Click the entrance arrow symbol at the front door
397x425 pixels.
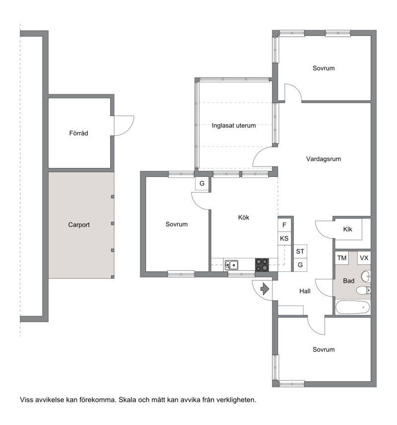[x=265, y=289]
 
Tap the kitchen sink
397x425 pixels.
[x=232, y=265]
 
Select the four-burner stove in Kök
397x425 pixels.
[x=262, y=265]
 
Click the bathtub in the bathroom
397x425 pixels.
[x=352, y=307]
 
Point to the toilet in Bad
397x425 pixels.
[x=363, y=290]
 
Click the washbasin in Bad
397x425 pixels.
[x=366, y=276]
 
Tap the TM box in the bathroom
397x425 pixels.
[x=342, y=258]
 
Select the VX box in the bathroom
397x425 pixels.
[x=364, y=258]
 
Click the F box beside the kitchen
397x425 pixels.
[x=284, y=225]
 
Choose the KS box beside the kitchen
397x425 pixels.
[x=284, y=239]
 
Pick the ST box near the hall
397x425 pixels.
[x=300, y=251]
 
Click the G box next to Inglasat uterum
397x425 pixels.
[x=202, y=183]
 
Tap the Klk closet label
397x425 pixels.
[x=348, y=229]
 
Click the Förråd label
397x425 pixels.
[x=78, y=133]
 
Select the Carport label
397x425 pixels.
[x=79, y=225]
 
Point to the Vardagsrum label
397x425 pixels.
[x=324, y=159]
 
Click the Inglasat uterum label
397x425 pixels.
[x=234, y=125]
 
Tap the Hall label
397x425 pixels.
[x=305, y=291]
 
